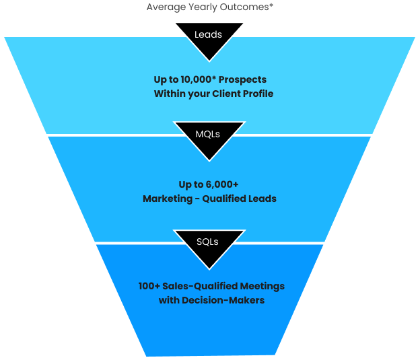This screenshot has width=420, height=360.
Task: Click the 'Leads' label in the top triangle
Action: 208,34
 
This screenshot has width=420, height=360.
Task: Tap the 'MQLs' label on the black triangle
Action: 208,134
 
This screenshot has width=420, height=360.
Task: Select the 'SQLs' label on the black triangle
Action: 208,242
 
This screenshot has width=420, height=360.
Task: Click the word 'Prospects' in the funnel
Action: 243,80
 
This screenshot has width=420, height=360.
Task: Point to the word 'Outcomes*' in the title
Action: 248,7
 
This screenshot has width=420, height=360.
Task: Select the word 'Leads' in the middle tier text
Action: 261,199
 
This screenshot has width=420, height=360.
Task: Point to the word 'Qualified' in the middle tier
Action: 225,199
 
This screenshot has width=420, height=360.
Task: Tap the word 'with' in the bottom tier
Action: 169,300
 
